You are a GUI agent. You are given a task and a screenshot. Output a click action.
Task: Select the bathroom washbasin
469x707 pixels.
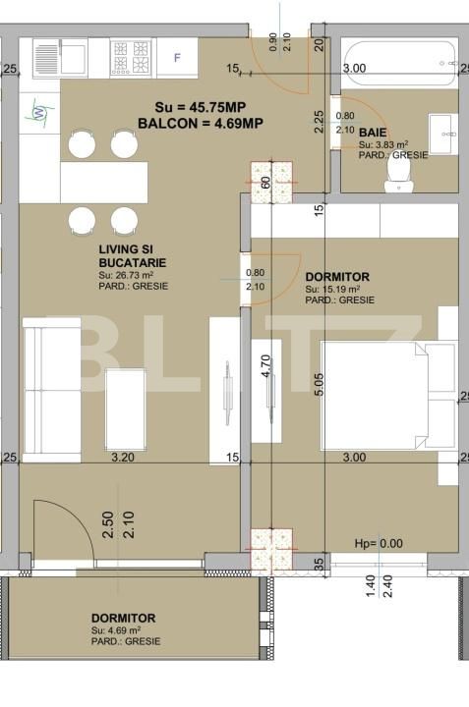(443, 128)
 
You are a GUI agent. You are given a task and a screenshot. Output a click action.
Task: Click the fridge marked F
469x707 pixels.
(178, 57)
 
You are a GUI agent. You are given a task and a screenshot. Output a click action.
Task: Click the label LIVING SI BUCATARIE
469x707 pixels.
(132, 257)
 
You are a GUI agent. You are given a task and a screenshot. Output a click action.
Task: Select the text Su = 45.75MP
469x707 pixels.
(203, 106)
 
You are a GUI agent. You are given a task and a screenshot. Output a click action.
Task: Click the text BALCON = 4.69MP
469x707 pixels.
(201, 123)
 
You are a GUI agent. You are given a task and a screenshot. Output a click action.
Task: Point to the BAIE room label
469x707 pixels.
(372, 132)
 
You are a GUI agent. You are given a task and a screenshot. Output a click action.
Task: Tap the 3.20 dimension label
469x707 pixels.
(123, 458)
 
